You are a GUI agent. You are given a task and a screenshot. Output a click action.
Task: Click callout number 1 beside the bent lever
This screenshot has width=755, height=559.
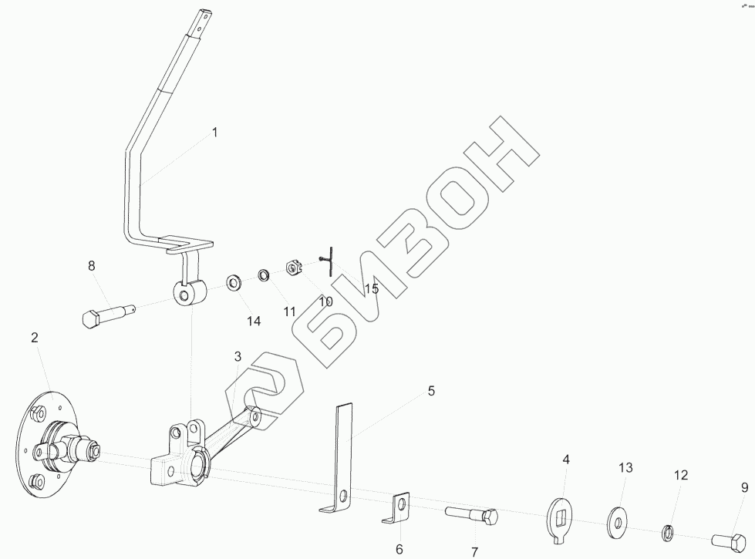pos(215,133)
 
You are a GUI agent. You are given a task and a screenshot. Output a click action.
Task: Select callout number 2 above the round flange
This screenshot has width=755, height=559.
pos(35,338)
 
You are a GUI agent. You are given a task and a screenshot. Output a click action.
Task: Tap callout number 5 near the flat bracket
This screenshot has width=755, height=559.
pos(431,391)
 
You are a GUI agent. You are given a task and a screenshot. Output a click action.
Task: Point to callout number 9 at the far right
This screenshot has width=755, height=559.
pos(744,487)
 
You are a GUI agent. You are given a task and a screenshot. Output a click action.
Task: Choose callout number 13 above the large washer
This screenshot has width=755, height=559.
pos(625,468)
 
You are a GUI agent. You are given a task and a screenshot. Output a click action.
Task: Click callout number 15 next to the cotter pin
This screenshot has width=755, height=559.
pos(372,288)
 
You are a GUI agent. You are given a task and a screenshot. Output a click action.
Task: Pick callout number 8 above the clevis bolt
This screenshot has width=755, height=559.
pos(91,266)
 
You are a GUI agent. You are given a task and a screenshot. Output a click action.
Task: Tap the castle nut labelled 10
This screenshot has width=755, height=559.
pos(292,267)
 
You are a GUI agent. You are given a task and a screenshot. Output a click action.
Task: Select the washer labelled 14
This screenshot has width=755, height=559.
pos(234,281)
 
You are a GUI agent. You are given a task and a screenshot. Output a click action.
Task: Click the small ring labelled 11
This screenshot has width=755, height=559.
pos(264,274)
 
